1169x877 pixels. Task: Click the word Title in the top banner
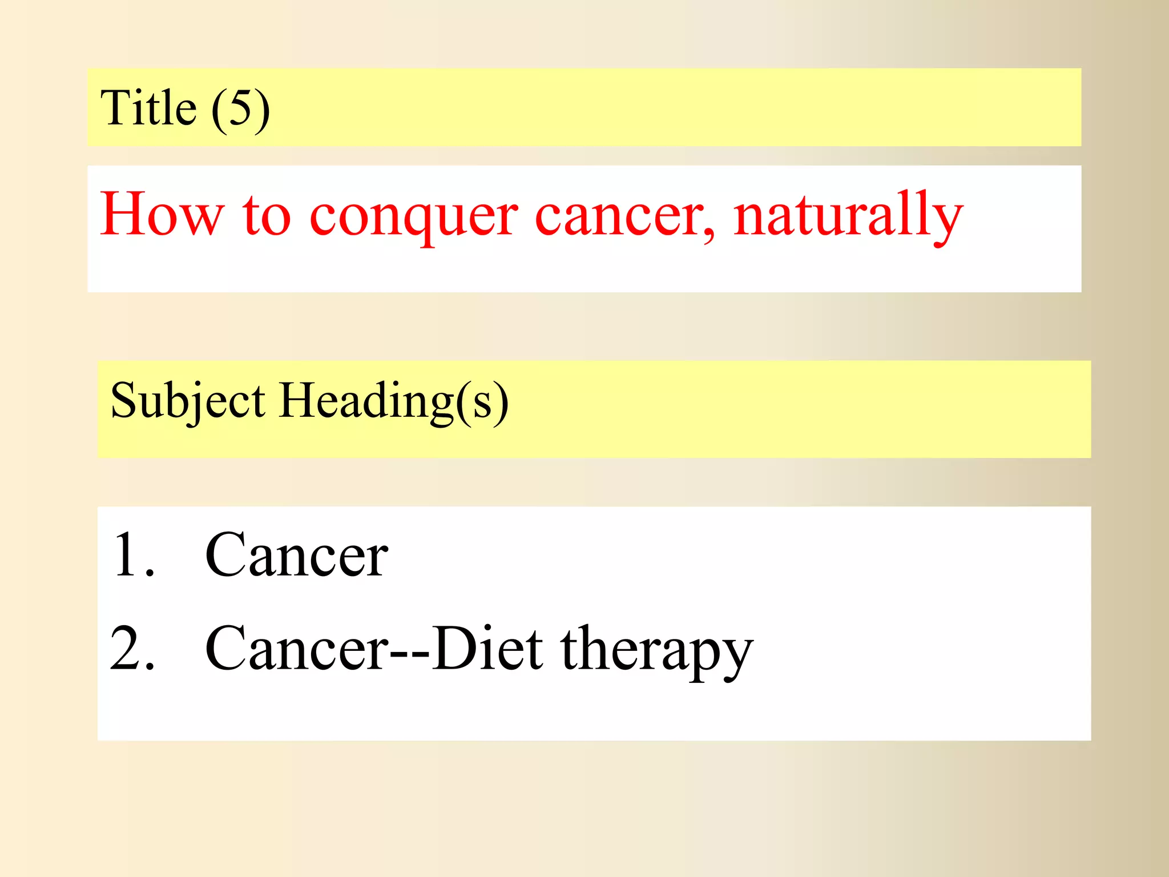tap(148, 108)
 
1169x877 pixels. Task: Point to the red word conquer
tap(414, 217)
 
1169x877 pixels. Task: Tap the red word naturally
tap(848, 215)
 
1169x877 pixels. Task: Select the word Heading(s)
tap(394, 401)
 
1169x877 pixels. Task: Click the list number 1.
tap(132, 555)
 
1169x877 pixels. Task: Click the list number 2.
tap(132, 649)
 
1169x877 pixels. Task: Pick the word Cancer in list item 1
tap(297, 555)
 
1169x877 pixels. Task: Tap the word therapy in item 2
tap(656, 651)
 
